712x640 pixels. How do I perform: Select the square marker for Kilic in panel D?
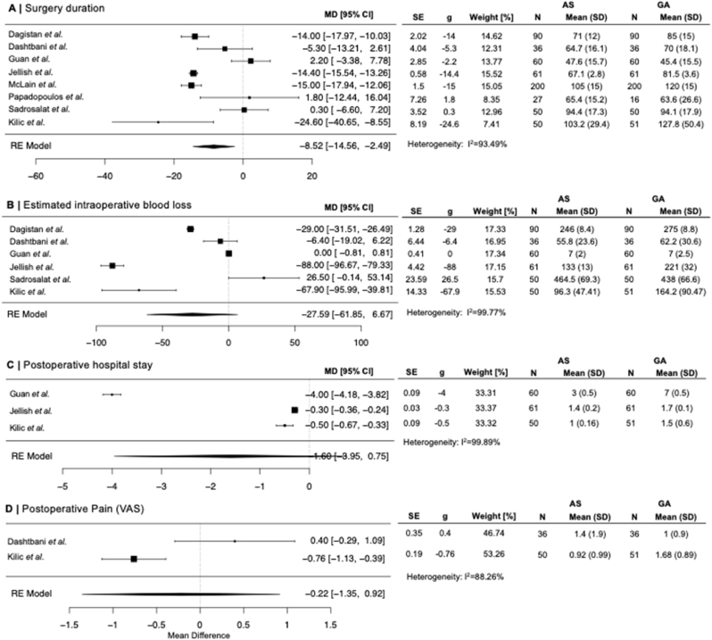[134, 558]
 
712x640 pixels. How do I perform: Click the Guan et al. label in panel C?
[33, 394]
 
